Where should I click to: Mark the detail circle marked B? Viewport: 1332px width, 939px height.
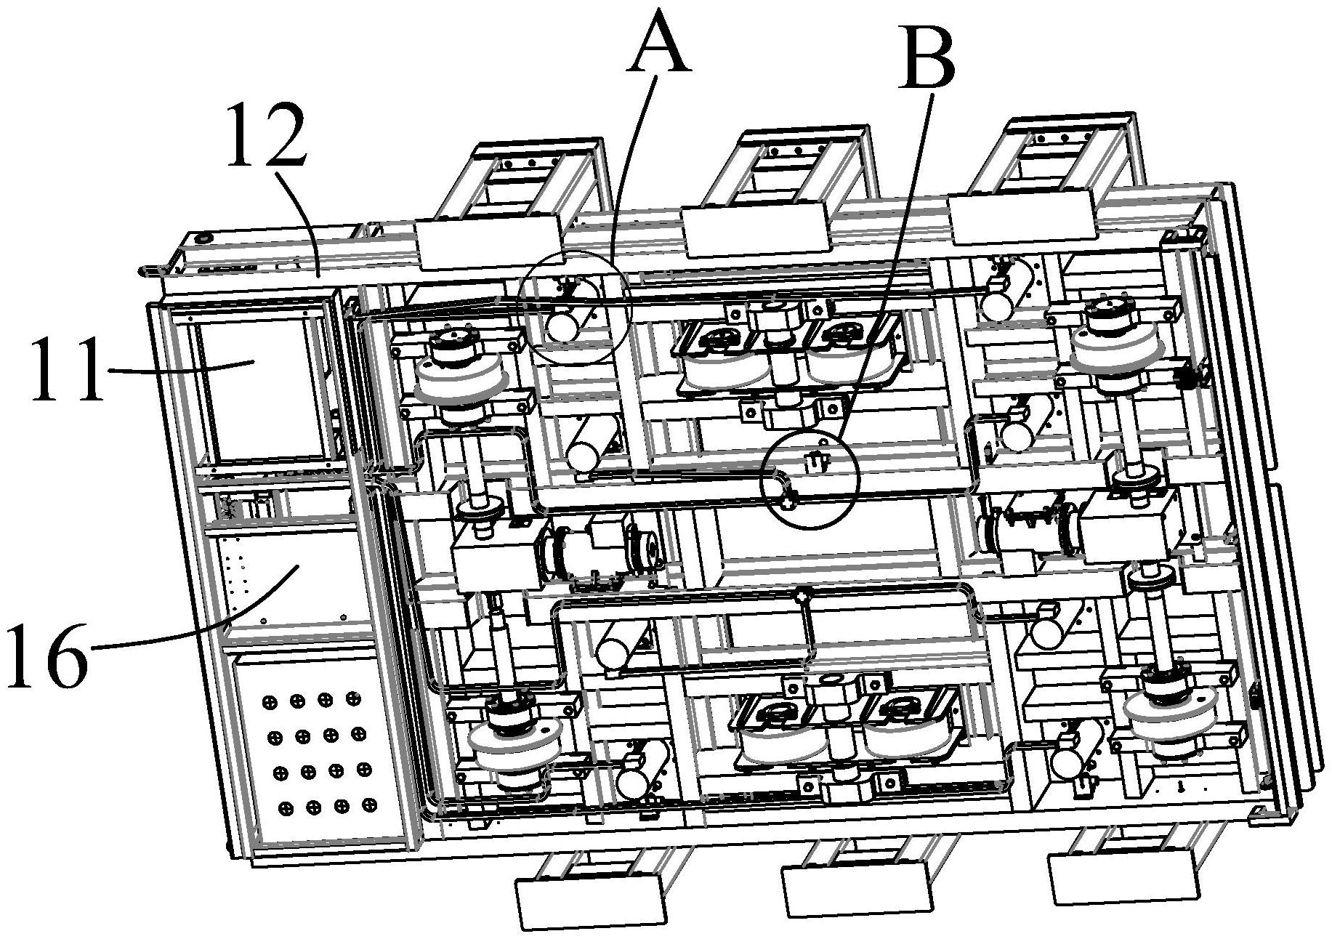click(x=809, y=480)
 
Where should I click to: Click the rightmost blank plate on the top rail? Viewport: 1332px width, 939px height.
click(x=1021, y=216)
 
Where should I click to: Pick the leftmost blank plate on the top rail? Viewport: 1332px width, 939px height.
click(x=488, y=240)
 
